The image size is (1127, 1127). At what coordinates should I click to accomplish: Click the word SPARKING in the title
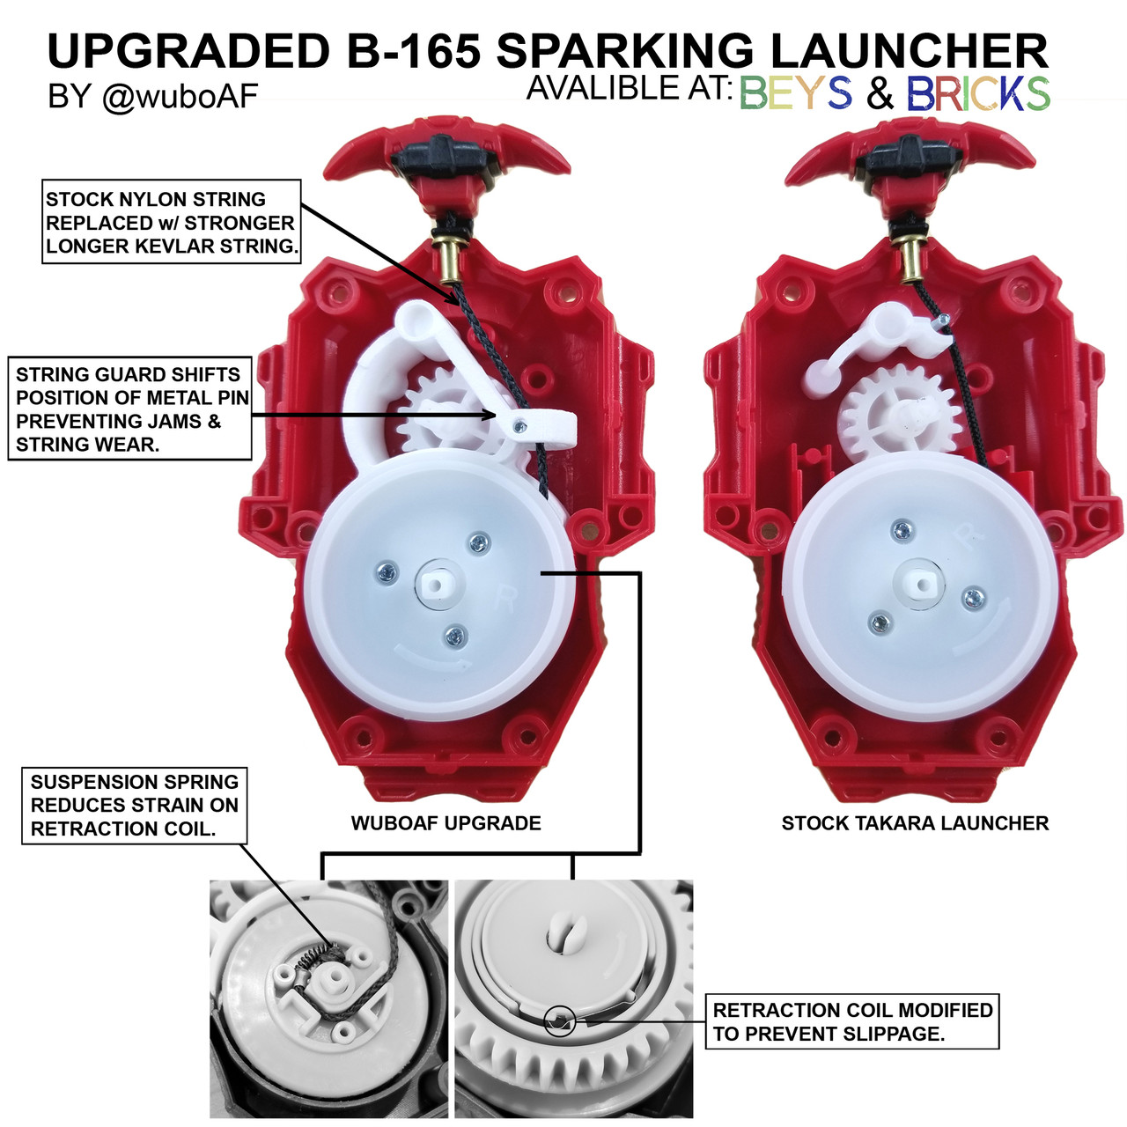click(625, 50)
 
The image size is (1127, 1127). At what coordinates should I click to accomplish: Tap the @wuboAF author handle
click(180, 97)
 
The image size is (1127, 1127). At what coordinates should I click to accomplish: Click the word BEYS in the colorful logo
click(796, 93)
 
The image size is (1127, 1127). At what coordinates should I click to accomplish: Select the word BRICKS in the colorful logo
click(978, 93)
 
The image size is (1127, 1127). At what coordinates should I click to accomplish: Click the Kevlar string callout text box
click(172, 222)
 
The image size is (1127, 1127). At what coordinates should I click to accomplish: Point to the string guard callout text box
click(129, 409)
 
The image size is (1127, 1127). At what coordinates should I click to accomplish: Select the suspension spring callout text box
click(135, 806)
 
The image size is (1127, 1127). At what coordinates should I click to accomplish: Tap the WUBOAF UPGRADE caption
click(446, 823)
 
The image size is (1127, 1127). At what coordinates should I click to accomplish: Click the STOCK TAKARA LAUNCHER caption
click(915, 823)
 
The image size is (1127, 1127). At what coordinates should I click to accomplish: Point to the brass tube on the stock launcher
click(910, 259)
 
